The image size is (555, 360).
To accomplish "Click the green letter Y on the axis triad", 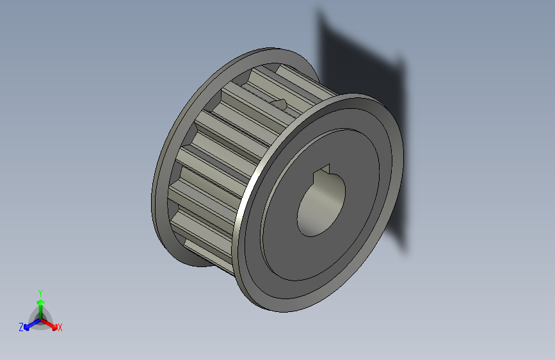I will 40,291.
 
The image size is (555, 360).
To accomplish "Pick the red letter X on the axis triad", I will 60,328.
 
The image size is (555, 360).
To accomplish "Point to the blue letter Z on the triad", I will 21,327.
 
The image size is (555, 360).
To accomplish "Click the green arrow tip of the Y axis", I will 40,301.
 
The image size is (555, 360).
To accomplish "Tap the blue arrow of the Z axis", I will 28,326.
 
